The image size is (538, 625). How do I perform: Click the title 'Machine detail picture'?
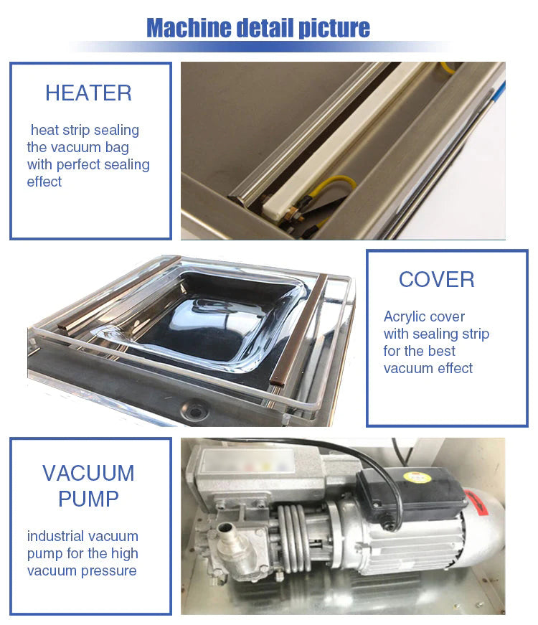(258, 28)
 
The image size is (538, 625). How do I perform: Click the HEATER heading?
(88, 93)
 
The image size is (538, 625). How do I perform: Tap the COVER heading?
(437, 279)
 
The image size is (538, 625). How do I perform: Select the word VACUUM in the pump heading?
(88, 473)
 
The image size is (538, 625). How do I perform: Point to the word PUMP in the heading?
(88, 499)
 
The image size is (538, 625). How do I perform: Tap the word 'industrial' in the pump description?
(52, 536)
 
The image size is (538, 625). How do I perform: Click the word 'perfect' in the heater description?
(78, 164)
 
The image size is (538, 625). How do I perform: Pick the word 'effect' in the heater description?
(44, 182)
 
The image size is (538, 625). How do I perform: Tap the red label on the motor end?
(478, 502)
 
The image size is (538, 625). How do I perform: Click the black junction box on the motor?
(412, 494)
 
